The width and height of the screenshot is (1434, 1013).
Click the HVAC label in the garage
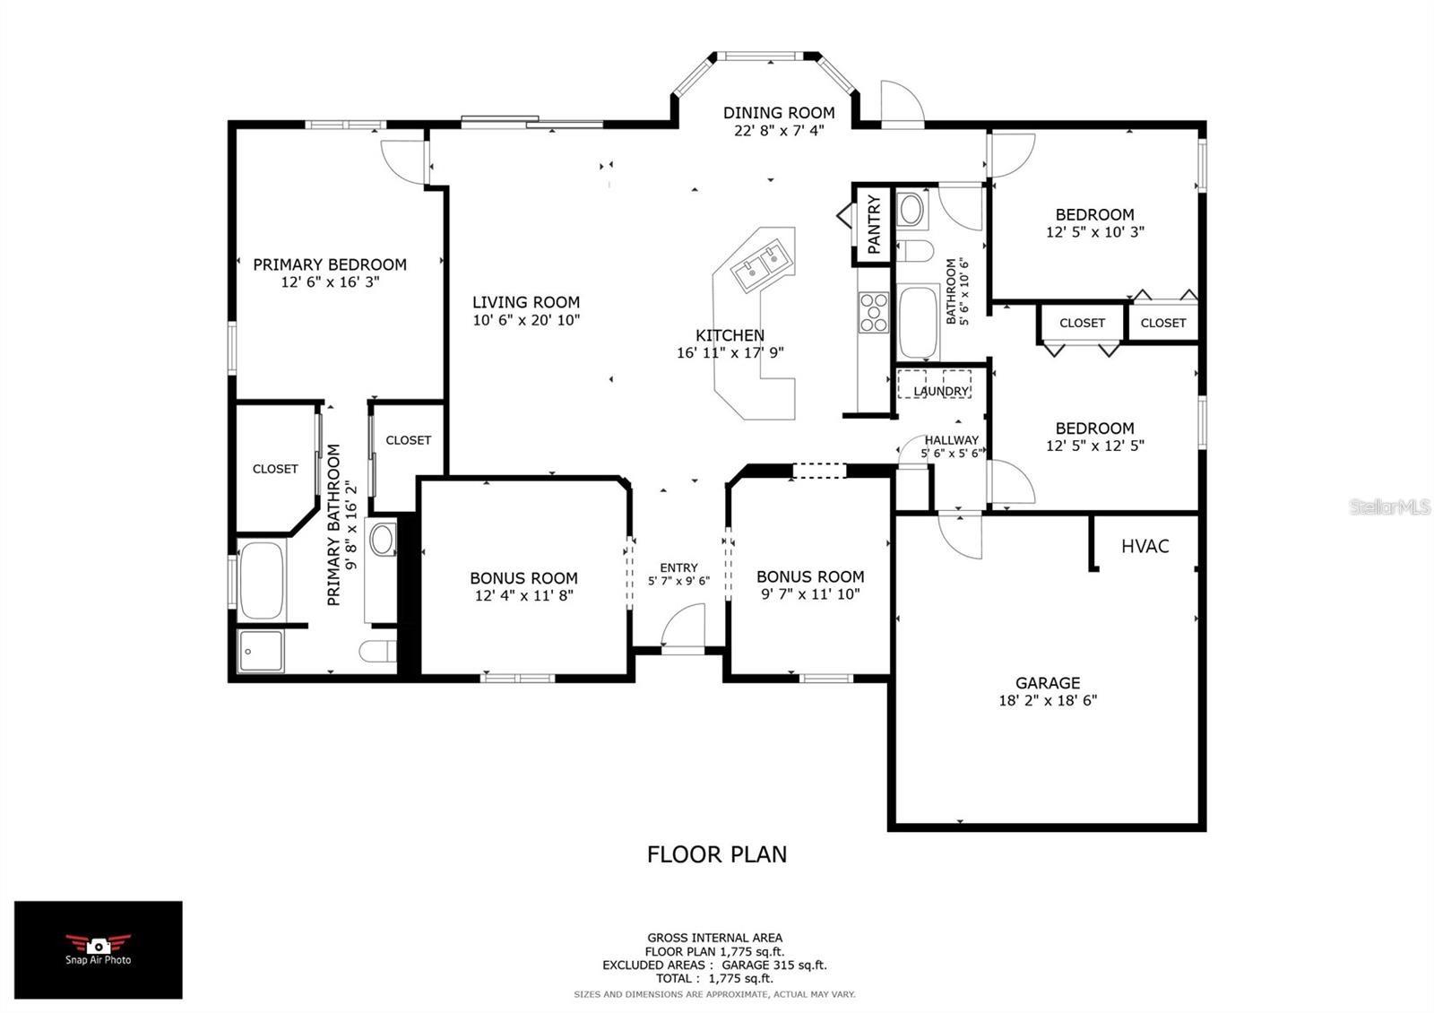tap(1145, 546)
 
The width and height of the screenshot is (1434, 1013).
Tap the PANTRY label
tap(874, 224)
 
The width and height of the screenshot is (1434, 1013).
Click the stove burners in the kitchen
tap(873, 313)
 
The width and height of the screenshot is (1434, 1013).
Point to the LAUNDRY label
tap(941, 392)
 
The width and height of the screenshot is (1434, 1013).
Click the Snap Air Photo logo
tap(98, 949)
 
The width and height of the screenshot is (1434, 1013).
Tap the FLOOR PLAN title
tap(716, 854)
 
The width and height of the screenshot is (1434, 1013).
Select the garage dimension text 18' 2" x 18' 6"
tap(1047, 701)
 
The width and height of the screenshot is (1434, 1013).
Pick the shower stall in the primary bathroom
tap(261, 651)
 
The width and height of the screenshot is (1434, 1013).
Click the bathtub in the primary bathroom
tap(262, 580)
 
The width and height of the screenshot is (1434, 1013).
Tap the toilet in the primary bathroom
tap(377, 650)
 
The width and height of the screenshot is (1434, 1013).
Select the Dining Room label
tap(778, 113)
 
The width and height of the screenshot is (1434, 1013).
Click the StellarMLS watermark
tap(1389, 507)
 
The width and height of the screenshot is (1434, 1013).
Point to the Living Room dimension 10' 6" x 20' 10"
tap(526, 320)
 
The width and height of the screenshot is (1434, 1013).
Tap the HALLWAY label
tap(951, 440)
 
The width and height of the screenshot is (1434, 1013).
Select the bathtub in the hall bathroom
tap(917, 321)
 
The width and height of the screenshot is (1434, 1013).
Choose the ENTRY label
tap(678, 567)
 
